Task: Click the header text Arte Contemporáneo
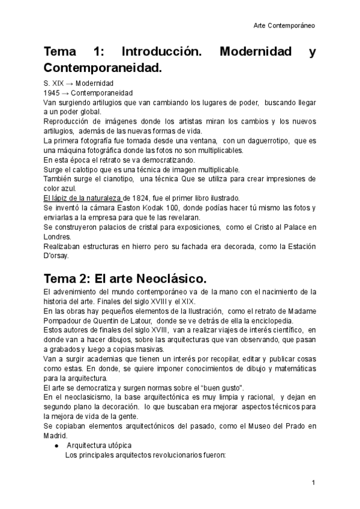click(x=284, y=26)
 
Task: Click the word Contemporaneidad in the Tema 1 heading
click(x=103, y=68)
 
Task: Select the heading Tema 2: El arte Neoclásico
click(x=125, y=279)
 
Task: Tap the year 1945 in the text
click(x=52, y=93)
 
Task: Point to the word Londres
click(x=57, y=236)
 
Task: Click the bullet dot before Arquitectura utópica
click(x=56, y=445)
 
